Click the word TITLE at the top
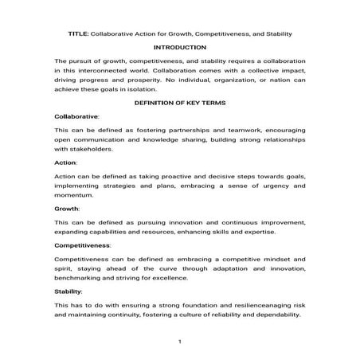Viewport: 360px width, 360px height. (x=78, y=34)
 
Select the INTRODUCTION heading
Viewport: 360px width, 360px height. (x=180, y=47)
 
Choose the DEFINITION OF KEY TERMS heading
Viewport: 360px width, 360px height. (x=179, y=103)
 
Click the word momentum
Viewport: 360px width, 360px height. (x=76, y=195)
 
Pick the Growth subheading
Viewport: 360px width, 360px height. (x=67, y=208)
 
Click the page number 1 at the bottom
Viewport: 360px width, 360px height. (x=180, y=342)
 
